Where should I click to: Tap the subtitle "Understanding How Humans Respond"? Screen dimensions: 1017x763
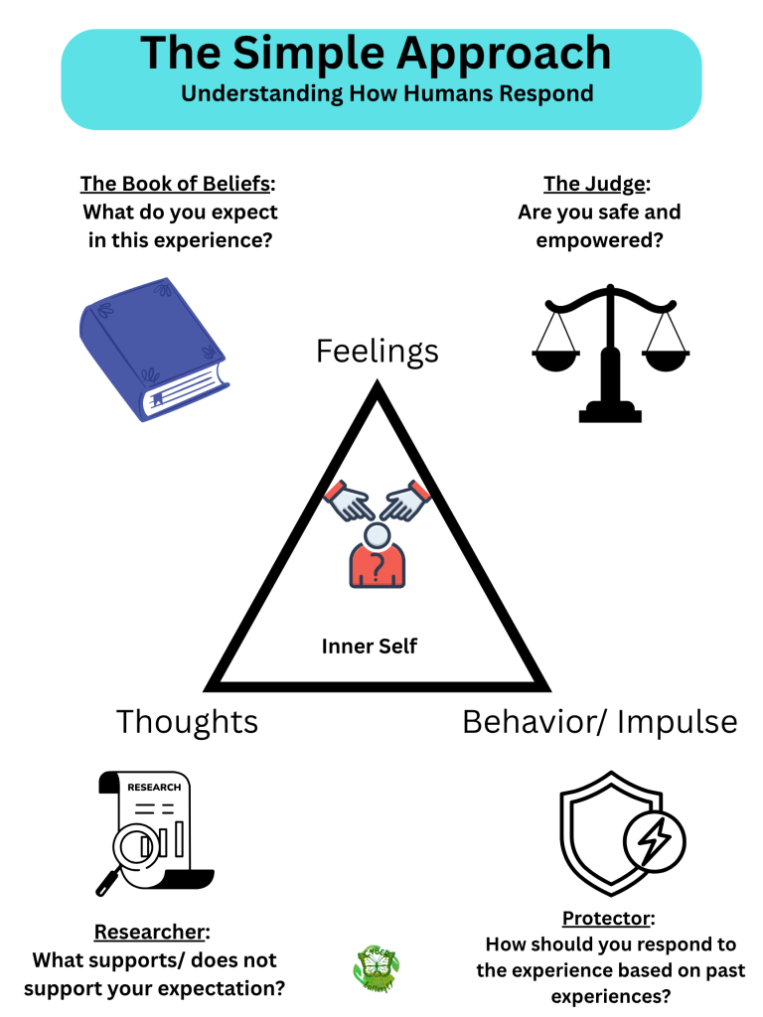coord(386,94)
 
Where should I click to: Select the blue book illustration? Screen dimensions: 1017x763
coord(154,349)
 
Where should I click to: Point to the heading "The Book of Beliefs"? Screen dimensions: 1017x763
coord(174,184)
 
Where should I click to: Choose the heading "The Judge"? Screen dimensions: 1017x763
coord(594,184)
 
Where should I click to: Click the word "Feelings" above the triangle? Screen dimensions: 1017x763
coord(378,351)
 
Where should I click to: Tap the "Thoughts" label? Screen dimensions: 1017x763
coord(187,721)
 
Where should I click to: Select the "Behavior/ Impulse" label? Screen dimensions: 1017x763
coord(599,721)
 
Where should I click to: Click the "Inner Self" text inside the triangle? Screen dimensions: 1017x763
coord(370,647)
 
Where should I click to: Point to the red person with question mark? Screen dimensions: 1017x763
coord(377,557)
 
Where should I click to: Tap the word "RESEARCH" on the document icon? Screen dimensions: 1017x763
coord(154,788)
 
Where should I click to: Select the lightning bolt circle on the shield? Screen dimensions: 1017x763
coord(654,842)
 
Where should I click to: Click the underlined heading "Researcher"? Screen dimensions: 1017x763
coord(151,932)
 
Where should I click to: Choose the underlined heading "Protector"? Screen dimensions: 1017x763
coord(607,918)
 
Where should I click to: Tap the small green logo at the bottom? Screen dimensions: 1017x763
coord(377,968)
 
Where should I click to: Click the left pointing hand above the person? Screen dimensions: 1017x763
coord(350,501)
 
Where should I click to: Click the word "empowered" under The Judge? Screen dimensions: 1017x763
coord(598,240)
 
